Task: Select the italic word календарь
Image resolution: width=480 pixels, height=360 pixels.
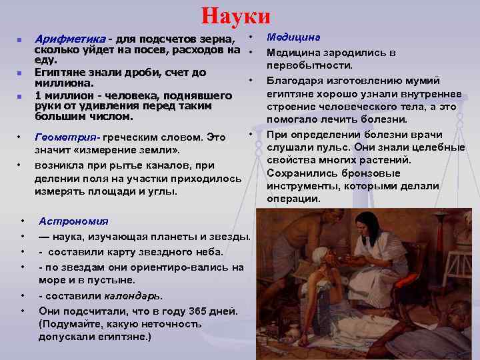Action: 133,296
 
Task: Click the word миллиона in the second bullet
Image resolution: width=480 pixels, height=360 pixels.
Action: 61,84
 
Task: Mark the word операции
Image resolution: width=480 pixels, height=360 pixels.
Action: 293,199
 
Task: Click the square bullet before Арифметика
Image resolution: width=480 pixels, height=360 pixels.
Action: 21,40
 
